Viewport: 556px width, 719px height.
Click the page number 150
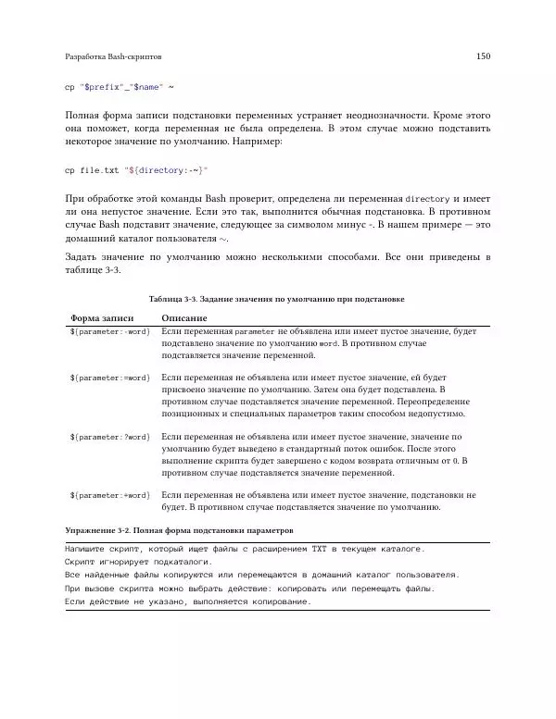point(482,56)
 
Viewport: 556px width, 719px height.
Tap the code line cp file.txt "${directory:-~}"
point(136,170)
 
